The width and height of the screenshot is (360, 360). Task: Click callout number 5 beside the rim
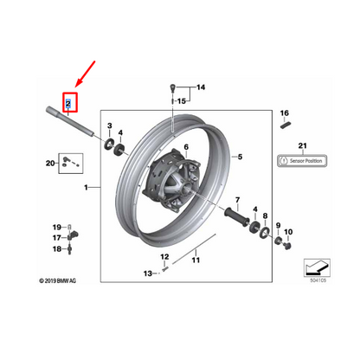tap(241, 157)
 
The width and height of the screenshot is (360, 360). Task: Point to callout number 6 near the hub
tap(184, 150)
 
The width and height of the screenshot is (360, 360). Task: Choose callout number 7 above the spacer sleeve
tap(231, 199)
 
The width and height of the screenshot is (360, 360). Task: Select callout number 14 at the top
tap(201, 88)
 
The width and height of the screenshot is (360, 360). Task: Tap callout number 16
tap(282, 113)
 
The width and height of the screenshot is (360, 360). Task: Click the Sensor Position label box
tap(303, 160)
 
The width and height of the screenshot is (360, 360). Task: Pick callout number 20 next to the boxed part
tap(49, 162)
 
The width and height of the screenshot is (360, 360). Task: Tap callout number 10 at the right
tap(288, 233)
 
